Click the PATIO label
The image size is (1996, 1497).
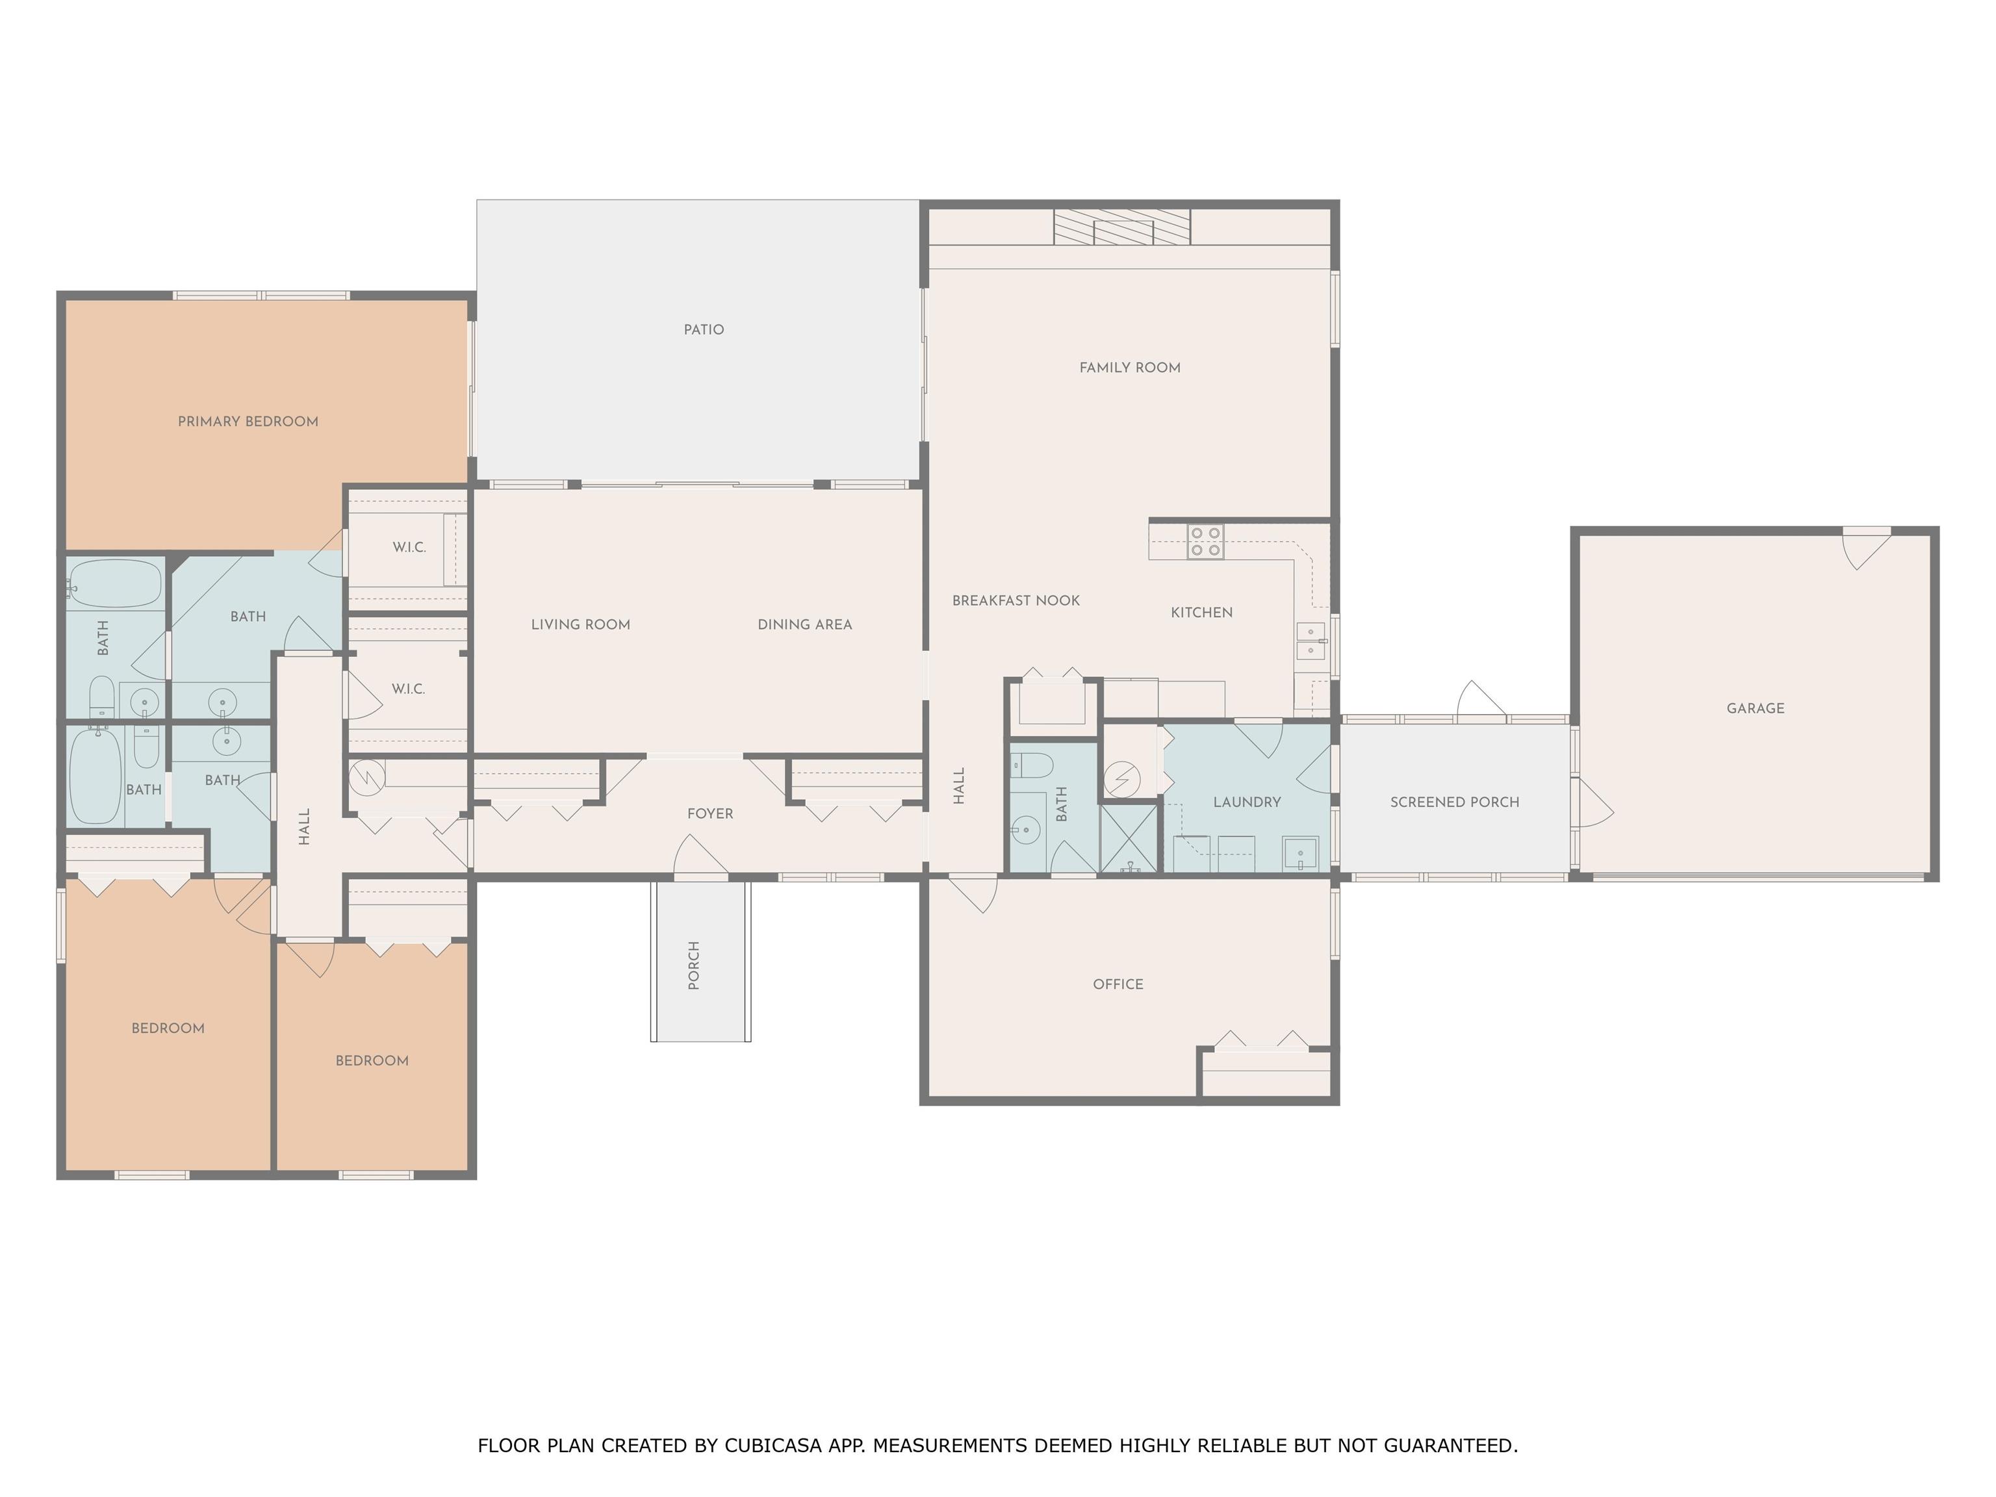[x=704, y=329]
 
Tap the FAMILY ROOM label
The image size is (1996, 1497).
[x=1130, y=367]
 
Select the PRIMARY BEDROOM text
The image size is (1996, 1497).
[x=248, y=422]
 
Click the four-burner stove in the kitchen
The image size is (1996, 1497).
[x=1205, y=541]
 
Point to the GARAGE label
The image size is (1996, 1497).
[x=1755, y=708]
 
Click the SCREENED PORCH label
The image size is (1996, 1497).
[x=1455, y=802]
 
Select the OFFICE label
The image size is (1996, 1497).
[x=1118, y=984]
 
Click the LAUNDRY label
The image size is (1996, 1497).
[x=1247, y=802]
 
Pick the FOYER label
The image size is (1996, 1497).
[x=710, y=814]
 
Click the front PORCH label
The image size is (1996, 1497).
[x=694, y=966]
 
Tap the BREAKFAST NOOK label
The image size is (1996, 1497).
[x=1016, y=601]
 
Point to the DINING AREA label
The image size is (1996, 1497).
[x=805, y=624]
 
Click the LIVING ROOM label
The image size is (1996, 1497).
[x=580, y=624]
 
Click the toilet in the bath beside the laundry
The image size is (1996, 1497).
[x=1031, y=765]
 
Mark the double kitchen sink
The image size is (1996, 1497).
[x=1311, y=641]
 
